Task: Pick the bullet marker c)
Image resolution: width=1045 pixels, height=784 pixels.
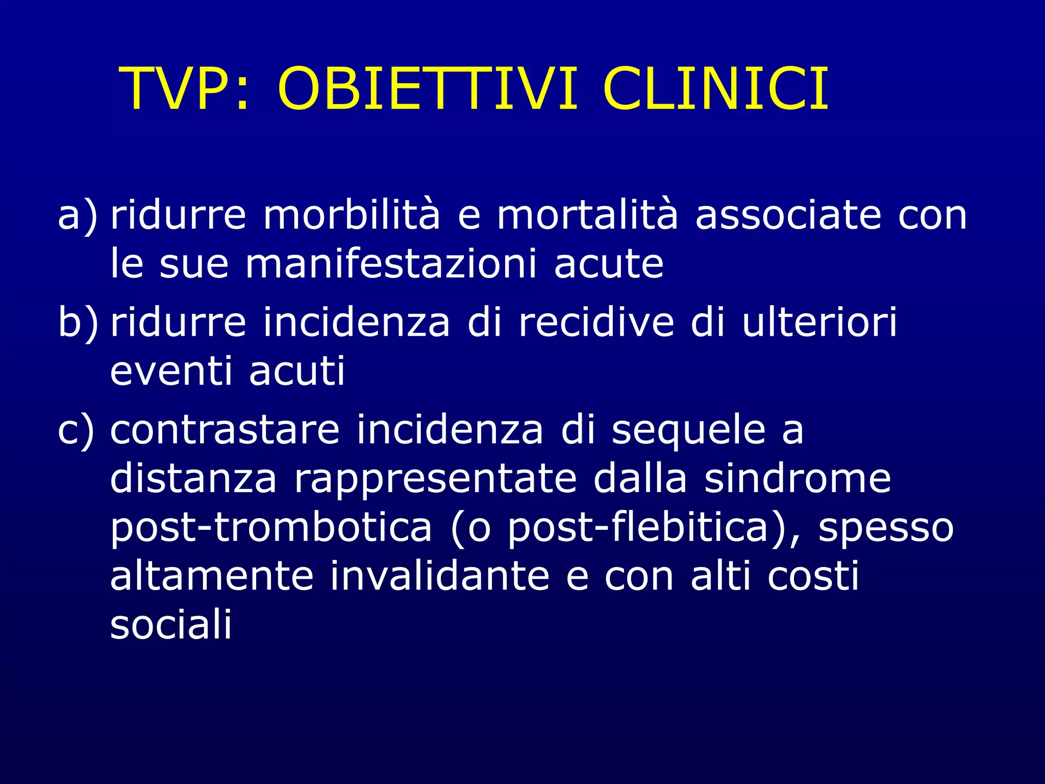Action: pos(77,431)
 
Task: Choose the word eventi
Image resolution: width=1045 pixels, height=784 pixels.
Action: pos(171,371)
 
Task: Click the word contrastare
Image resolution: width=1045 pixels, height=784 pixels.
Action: pos(225,430)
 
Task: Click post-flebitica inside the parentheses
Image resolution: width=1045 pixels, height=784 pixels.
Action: pos(638,528)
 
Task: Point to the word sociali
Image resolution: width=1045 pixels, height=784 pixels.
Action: pos(171,625)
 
